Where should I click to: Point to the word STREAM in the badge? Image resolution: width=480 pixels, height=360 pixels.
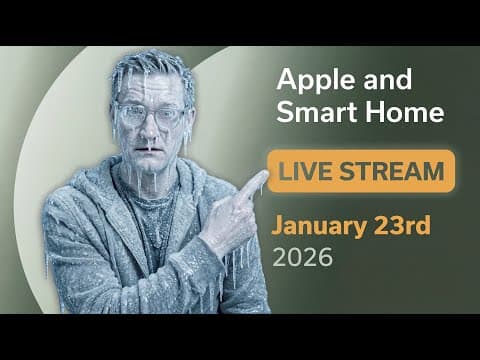pos(394,171)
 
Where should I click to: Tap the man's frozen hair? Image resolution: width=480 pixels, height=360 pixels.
pos(150,70)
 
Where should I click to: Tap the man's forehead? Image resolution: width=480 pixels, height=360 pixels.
pos(150,92)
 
